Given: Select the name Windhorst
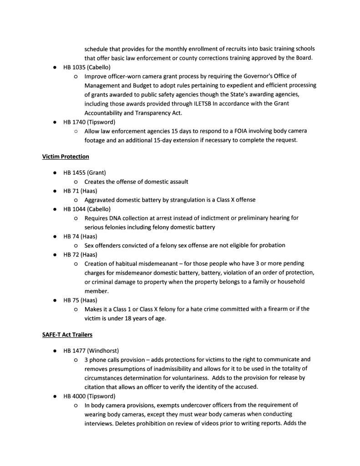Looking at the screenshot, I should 104,351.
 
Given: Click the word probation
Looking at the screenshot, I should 270,245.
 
